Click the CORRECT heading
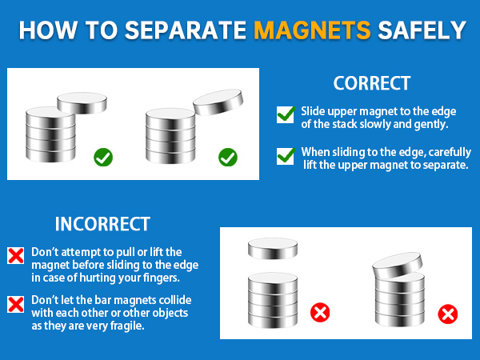tap(372, 83)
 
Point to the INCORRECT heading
tap(102, 224)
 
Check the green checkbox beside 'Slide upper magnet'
tap(286, 114)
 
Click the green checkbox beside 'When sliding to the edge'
tap(286, 156)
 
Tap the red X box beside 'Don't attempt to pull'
tap(15, 255)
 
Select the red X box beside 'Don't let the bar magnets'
tap(15, 304)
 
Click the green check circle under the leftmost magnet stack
tap(103, 156)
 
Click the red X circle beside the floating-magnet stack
tap(321, 311)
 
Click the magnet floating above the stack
tap(274, 249)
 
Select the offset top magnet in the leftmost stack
tap(78, 102)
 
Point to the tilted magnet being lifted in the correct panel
tap(218, 103)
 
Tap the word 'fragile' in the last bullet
tap(131, 326)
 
